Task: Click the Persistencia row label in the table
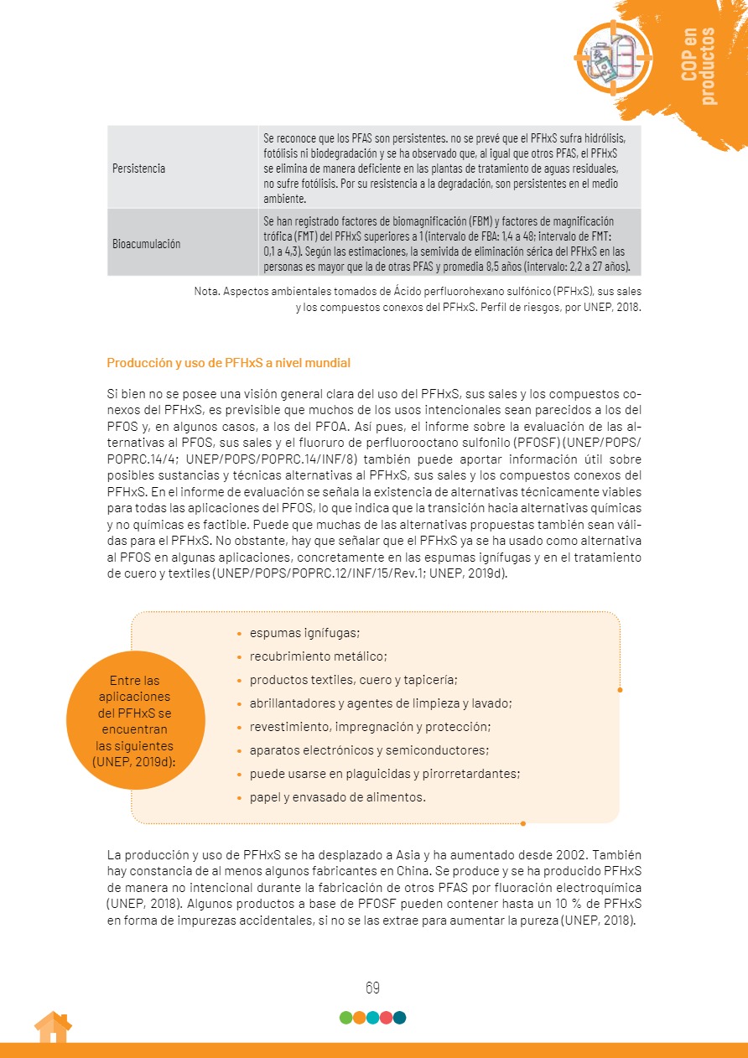tap(138, 168)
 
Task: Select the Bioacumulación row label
tap(147, 243)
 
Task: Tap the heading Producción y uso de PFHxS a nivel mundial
tap(228, 363)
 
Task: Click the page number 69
tap(373, 988)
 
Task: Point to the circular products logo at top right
tap(613, 55)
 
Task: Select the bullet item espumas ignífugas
tap(304, 633)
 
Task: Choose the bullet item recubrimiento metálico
tap(318, 656)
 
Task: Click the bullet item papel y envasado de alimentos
tap(337, 796)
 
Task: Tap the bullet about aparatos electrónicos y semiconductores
tap(369, 749)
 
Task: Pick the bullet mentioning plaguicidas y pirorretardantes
tap(385, 773)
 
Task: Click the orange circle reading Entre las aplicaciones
tap(135, 720)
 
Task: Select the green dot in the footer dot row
tap(345, 1018)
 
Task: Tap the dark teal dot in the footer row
tap(399, 1018)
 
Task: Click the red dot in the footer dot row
tap(386, 1018)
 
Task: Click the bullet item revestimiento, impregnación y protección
tap(370, 726)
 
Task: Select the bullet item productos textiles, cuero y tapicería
tap(353, 680)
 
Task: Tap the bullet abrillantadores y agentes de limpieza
tap(381, 703)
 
